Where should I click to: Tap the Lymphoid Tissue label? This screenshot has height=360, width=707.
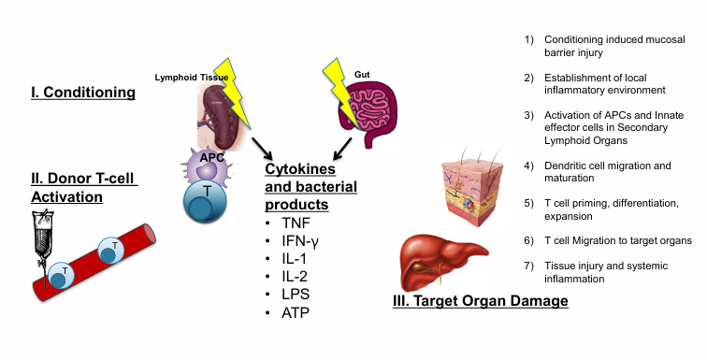coord(186,77)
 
